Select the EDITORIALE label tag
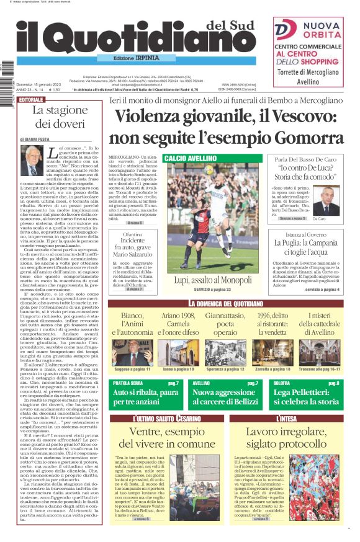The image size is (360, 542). (x=32, y=99)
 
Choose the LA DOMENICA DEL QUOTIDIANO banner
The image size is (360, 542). (x=228, y=303)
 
